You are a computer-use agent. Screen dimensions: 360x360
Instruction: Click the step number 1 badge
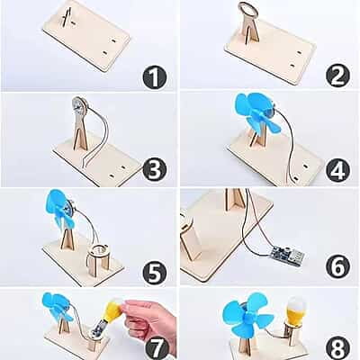[x=154, y=76]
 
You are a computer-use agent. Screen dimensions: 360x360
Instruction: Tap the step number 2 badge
[x=338, y=76]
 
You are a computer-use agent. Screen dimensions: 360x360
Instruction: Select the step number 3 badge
[x=155, y=171]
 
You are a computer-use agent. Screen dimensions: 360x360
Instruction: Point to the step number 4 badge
[x=338, y=170]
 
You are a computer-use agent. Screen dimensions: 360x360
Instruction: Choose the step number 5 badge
[x=155, y=273]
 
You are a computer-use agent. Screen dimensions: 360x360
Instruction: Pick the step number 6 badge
[x=338, y=266]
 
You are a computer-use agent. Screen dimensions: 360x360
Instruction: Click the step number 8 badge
[x=338, y=348]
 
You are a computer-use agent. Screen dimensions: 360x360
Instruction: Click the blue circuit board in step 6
[x=287, y=255]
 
